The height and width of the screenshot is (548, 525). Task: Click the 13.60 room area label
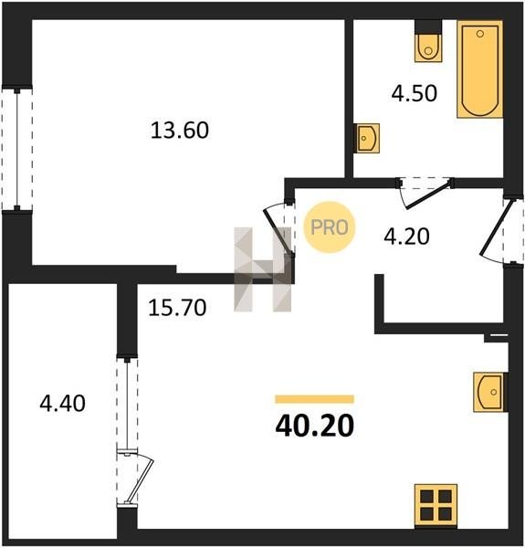(x=180, y=130)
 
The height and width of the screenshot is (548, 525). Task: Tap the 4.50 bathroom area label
(x=415, y=93)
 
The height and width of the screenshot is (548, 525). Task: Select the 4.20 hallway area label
(x=406, y=237)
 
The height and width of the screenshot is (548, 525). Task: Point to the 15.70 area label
(x=177, y=308)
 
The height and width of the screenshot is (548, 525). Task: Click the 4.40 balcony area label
(x=62, y=403)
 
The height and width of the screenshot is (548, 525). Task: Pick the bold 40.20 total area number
(x=315, y=426)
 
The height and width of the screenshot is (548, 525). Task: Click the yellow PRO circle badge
(x=330, y=227)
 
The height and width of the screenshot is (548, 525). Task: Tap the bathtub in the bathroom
(x=480, y=68)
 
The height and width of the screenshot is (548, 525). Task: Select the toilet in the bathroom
(x=428, y=47)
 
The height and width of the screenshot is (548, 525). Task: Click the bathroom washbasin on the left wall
(x=366, y=138)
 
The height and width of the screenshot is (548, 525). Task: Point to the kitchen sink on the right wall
(x=490, y=392)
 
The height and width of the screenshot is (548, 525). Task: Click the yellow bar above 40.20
(x=315, y=399)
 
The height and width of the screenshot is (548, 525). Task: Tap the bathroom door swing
(x=425, y=194)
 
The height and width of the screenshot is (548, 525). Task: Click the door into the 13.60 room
(x=278, y=229)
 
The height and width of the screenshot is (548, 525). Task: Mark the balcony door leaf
(x=141, y=479)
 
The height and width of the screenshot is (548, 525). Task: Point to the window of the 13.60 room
(x=16, y=149)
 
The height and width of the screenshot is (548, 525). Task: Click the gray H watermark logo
(x=262, y=269)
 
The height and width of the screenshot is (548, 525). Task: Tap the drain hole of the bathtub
(x=480, y=34)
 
